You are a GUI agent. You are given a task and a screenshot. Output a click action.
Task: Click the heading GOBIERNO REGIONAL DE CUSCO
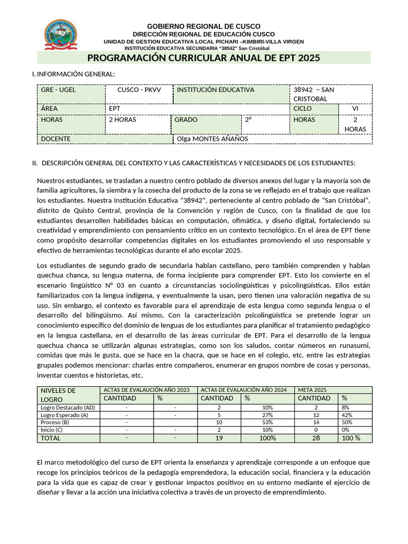203,27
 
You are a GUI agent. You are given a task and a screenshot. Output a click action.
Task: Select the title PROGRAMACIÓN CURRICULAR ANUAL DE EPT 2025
203,58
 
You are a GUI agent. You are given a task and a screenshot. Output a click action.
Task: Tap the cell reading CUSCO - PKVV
139,90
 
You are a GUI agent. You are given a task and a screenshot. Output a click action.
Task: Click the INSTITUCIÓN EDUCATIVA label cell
216,90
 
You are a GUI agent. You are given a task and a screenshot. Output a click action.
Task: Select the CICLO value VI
355,109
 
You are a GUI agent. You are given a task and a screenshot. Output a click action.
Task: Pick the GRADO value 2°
248,120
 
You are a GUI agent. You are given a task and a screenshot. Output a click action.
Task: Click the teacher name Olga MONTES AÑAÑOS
212,139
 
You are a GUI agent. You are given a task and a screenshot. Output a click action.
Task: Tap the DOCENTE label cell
56,139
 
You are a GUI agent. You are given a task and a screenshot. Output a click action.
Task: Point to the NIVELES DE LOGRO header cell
58,395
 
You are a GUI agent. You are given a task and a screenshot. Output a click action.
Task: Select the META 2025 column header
312,390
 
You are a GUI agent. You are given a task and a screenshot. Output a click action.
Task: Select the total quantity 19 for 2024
219,438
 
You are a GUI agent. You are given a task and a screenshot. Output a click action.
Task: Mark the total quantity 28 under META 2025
317,438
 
